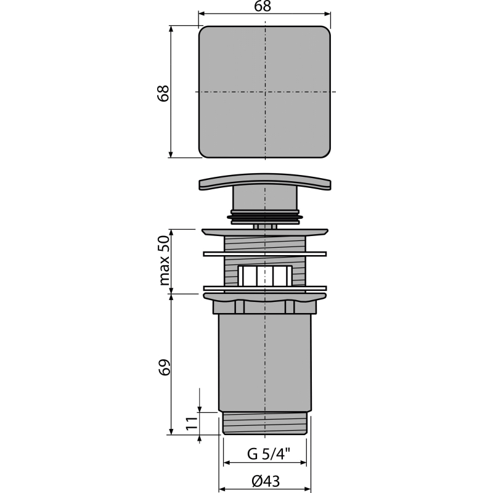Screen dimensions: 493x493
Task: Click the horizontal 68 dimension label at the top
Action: (263, 6)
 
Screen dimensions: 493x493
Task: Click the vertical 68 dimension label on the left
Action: (163, 93)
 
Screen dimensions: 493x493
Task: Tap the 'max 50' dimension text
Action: (164, 260)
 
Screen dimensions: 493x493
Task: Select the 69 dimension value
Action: (164, 367)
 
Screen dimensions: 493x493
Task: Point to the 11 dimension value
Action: (192, 423)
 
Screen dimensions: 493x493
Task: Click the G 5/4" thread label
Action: (269, 454)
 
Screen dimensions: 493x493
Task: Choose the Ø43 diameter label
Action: (266, 481)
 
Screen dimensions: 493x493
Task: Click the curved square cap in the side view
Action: (265, 181)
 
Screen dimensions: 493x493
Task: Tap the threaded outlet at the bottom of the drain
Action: (265, 423)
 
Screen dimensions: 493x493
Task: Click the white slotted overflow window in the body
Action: (265, 275)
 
